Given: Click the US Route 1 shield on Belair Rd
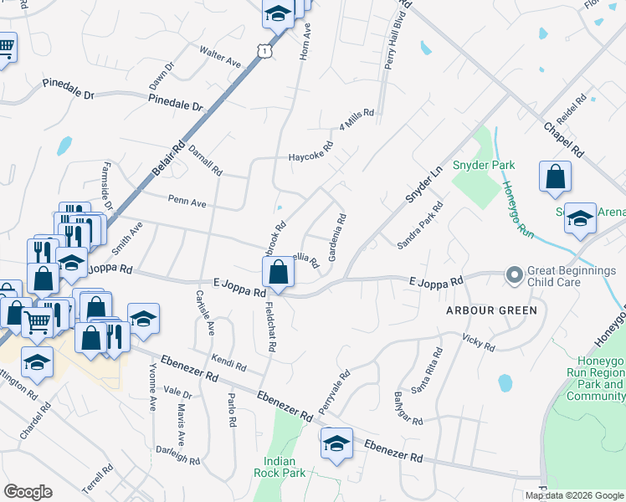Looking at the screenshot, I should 264,51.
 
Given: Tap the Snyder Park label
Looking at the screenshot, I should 484,165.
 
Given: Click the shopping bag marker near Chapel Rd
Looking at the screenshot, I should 555,177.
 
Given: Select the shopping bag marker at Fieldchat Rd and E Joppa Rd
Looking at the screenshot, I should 279,272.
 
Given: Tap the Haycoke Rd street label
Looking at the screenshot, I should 310,151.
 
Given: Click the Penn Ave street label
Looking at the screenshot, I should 187,202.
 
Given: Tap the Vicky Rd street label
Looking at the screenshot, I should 479,341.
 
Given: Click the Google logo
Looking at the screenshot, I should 28,492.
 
